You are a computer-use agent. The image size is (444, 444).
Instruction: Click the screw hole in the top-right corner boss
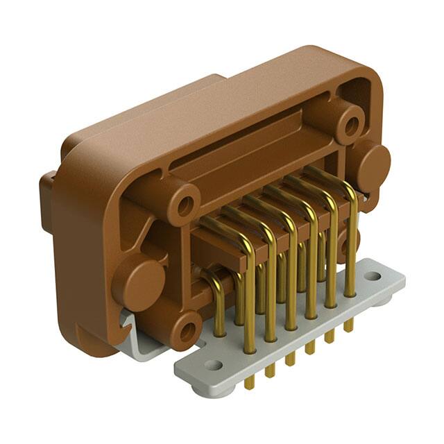tap(351, 126)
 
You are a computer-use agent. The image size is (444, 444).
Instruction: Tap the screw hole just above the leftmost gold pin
tap(185, 205)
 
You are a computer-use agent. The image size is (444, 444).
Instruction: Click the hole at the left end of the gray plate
tap(213, 364)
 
